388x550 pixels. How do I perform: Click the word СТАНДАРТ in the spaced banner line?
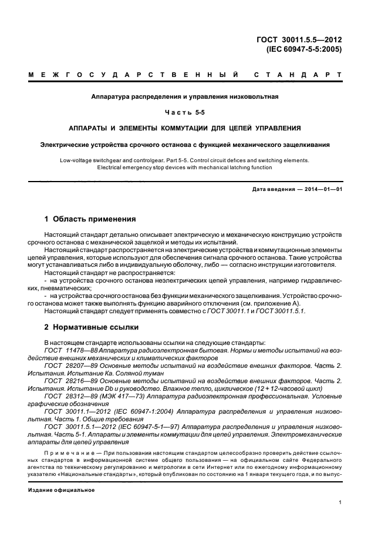tap(298, 75)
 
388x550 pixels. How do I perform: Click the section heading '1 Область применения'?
tap(90, 219)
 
